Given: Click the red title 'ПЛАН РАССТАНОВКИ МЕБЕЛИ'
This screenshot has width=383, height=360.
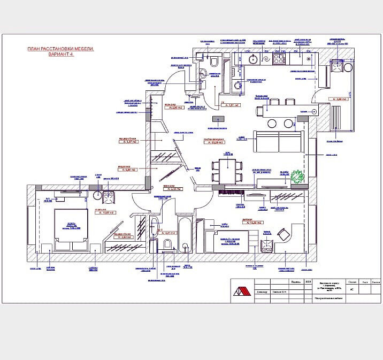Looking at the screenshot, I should click(60, 49).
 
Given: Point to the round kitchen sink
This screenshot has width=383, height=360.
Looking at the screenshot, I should click(252, 59).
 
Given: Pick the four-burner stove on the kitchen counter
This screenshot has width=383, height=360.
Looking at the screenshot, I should click(280, 59).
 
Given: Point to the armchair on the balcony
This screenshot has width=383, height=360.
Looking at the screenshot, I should click(336, 66).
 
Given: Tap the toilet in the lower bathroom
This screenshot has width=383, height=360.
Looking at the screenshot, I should click(167, 244).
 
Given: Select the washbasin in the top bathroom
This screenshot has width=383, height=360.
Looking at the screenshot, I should click(203, 73).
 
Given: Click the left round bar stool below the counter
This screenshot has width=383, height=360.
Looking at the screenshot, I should click(272, 123).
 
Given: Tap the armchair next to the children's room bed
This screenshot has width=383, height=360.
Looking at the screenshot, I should click(266, 244).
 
